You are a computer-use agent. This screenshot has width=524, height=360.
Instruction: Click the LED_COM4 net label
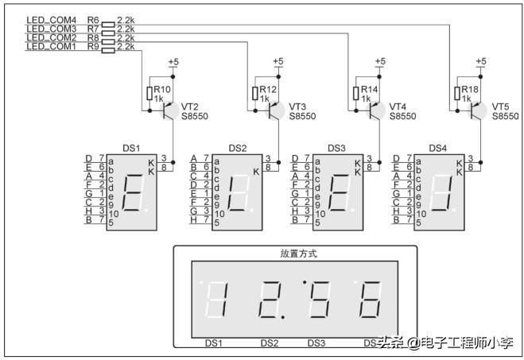tap(51, 19)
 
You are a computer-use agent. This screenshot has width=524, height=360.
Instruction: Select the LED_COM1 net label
tap(51, 47)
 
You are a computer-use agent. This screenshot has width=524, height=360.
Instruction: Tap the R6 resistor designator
tap(93, 19)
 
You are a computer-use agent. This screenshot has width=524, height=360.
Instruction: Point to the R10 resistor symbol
tap(149, 94)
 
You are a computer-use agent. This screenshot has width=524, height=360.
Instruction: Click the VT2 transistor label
tap(190, 106)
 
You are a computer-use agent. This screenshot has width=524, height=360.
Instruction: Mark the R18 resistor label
tap(470, 90)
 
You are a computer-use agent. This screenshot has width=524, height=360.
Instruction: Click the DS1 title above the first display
tap(131, 148)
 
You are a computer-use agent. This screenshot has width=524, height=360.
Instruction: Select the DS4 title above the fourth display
tap(438, 148)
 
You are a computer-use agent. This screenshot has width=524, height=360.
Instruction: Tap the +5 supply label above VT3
tap(278, 61)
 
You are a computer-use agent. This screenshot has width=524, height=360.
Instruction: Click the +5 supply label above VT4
tap(379, 61)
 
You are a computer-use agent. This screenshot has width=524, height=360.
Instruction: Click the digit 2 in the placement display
tap(270, 300)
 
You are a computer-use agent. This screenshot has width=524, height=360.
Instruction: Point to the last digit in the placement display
tap(371, 300)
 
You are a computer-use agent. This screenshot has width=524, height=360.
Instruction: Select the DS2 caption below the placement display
tap(270, 343)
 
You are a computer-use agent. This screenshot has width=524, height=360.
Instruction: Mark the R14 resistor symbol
tap(353, 94)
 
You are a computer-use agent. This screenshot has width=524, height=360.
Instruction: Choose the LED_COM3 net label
tap(51, 29)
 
